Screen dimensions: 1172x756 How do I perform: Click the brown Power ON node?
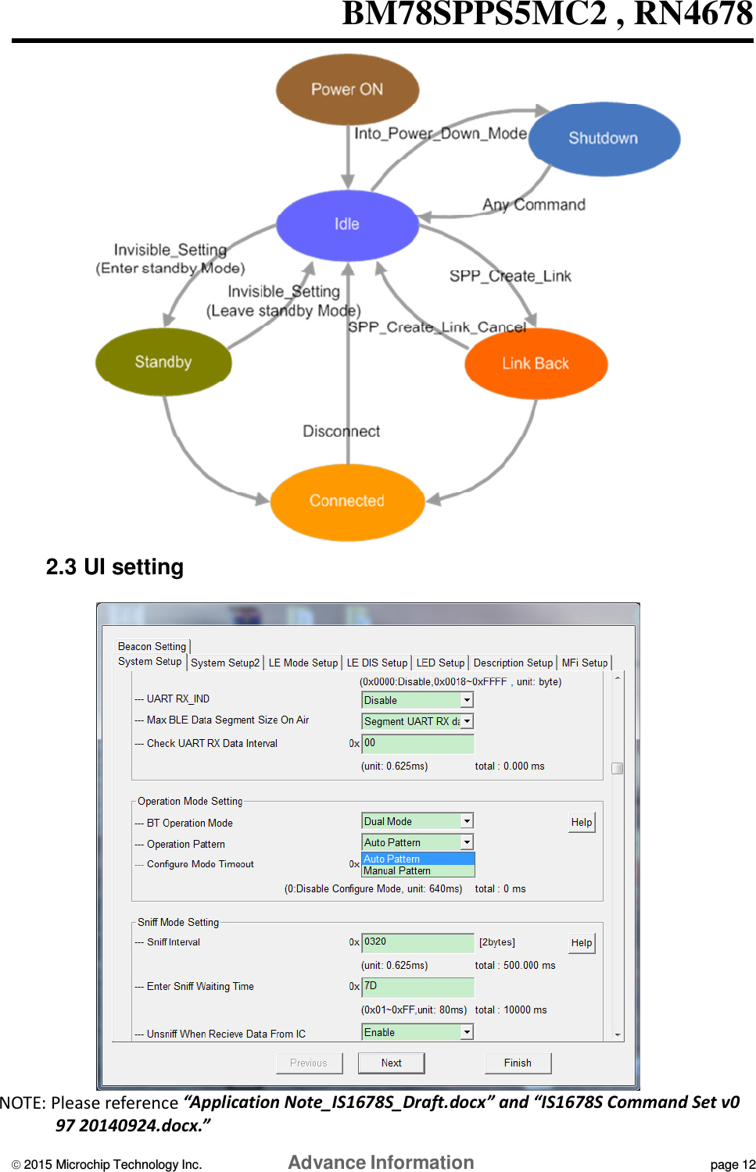coord(347,89)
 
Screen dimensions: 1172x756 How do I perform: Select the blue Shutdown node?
coord(604,138)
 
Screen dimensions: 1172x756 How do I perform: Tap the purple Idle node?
coord(347,224)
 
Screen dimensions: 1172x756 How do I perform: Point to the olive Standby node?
coord(163,362)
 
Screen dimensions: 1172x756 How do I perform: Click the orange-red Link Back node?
coord(536,363)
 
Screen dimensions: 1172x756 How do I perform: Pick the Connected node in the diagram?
coord(347,501)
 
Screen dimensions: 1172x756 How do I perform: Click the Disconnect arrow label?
coord(341,431)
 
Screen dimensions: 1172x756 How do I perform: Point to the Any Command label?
coord(534,205)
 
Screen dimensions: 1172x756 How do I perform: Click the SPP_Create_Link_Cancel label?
coord(436,327)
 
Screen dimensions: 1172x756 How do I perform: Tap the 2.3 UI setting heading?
coord(115,566)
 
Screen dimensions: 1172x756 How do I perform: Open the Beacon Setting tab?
coord(152,646)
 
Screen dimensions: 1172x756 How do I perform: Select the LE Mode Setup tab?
coord(303,663)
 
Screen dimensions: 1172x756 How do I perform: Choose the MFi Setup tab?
coord(585,663)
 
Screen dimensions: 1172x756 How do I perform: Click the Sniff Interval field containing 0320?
coord(417,942)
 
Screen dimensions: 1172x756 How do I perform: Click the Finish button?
coord(518,1063)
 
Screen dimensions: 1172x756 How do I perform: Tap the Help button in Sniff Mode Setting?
coord(582,943)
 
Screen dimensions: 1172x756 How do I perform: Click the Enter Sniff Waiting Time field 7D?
coord(417,987)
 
